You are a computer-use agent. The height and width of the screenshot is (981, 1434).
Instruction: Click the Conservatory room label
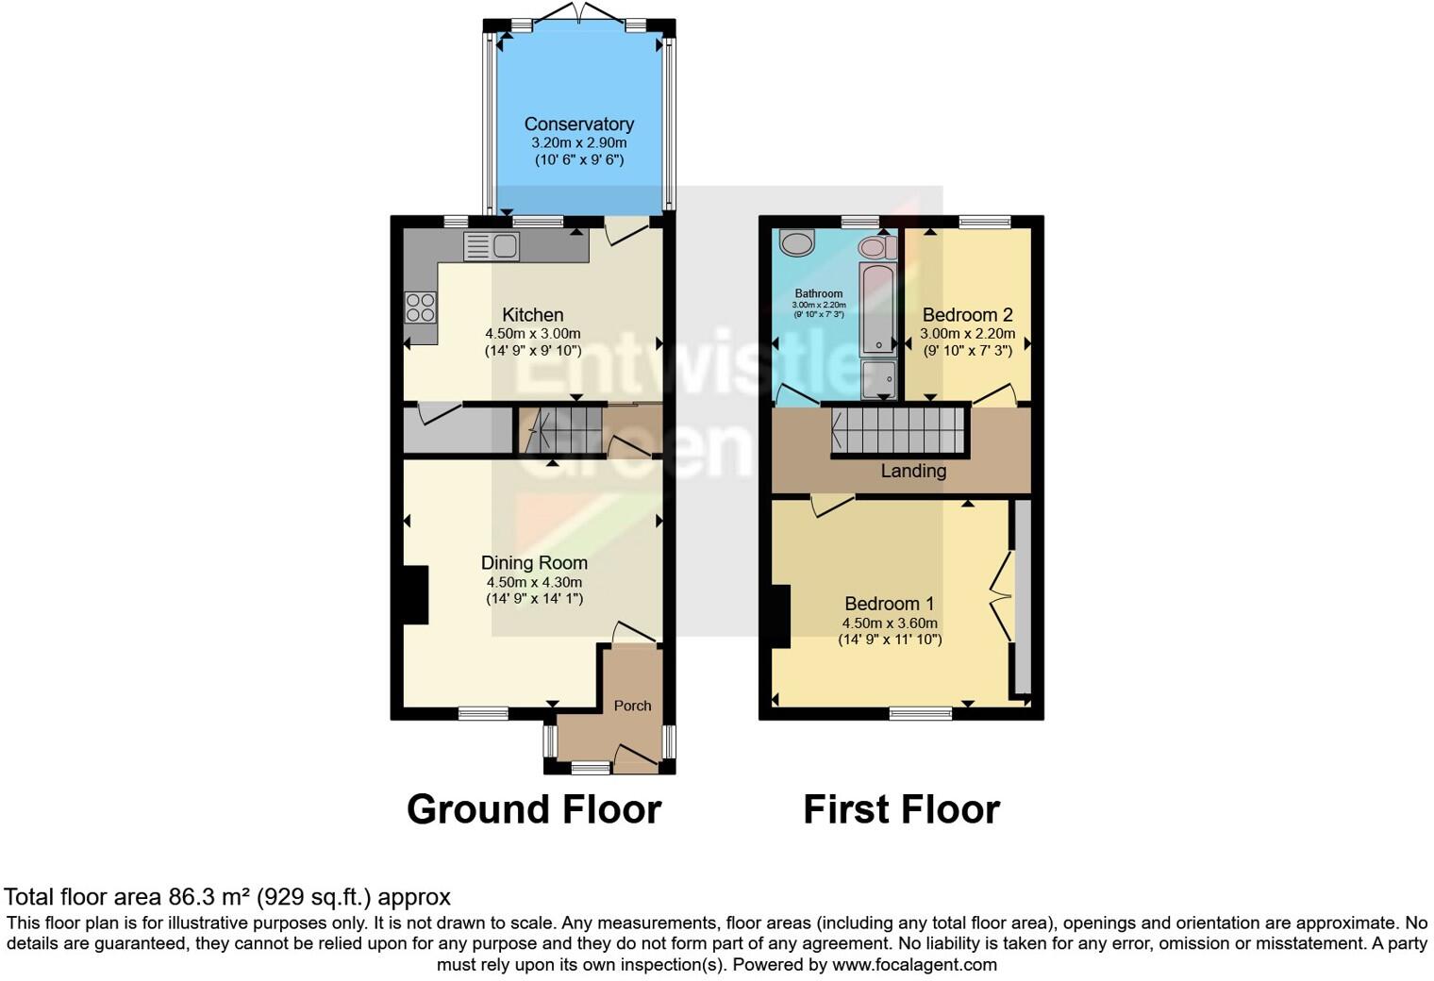(578, 124)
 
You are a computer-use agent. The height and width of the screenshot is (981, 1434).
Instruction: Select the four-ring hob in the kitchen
(421, 308)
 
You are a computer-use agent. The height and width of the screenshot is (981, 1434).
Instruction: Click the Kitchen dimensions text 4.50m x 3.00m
(532, 333)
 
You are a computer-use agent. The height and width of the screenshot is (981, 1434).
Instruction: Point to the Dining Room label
(534, 563)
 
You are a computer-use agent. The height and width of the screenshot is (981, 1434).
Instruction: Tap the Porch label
(632, 706)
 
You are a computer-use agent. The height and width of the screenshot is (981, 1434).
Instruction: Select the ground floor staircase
(561, 430)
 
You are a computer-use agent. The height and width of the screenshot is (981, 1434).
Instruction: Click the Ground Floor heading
(533, 809)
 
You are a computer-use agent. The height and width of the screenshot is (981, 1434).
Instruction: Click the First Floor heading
(901, 809)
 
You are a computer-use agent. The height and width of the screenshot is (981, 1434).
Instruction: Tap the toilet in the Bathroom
(876, 247)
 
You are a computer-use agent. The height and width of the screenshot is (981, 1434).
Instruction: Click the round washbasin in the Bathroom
(797, 243)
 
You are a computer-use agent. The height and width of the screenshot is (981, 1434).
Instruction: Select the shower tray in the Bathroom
(878, 379)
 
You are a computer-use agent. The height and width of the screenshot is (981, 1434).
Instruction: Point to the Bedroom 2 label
(967, 315)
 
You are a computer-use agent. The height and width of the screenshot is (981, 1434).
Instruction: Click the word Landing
(912, 471)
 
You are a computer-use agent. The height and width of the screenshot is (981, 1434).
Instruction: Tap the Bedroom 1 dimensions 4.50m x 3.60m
(890, 623)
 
